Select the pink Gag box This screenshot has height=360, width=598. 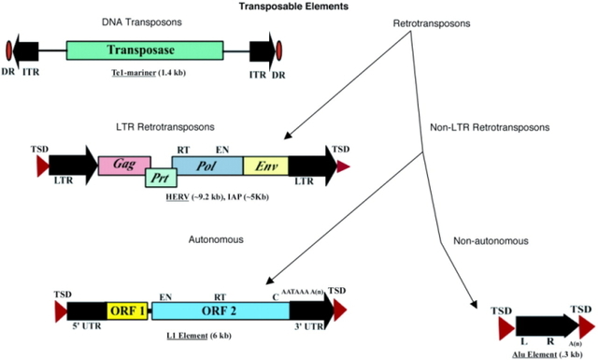(120, 165)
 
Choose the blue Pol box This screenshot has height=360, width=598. (206, 165)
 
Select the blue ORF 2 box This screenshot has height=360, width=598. (220, 310)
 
